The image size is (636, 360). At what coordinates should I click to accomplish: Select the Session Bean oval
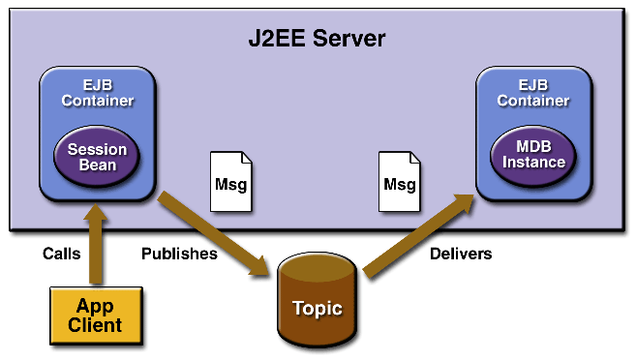(97, 155)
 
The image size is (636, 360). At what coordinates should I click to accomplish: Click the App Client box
(95, 315)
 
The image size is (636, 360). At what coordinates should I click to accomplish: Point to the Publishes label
(179, 254)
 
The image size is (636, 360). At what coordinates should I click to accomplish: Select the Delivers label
(460, 254)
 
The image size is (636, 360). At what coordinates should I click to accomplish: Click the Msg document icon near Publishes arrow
(231, 182)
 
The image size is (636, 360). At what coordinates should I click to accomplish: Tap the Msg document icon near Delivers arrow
(399, 182)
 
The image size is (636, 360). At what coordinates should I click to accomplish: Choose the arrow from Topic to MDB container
(416, 237)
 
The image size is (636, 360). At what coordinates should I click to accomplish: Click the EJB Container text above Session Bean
(97, 92)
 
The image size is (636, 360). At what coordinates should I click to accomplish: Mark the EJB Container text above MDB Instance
(533, 92)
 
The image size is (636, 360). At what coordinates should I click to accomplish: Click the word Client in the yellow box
(95, 325)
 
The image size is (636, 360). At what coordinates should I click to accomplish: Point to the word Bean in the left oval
(97, 165)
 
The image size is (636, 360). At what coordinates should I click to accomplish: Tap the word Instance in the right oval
(533, 163)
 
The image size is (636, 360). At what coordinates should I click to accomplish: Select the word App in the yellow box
(95, 306)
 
